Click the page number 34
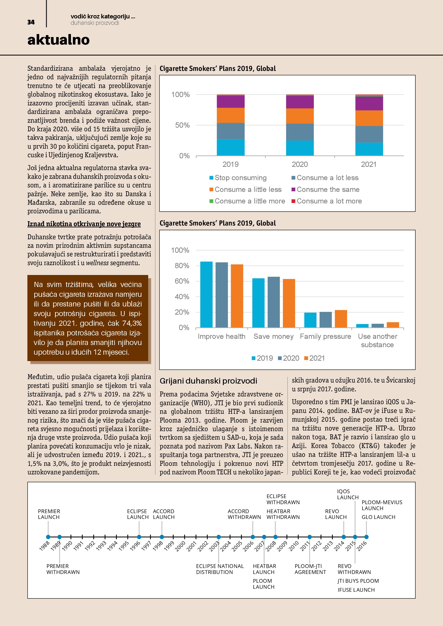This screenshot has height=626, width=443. tap(31, 22)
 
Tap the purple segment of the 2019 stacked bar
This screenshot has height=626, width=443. tap(231, 102)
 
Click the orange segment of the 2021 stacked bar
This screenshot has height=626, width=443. tap(369, 118)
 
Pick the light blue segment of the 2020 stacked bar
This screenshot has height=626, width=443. tap(300, 148)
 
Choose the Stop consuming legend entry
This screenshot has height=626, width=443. tap(238, 178)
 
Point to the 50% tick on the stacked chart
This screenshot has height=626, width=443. tap(182, 125)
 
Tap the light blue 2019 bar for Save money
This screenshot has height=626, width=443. tap(258, 303)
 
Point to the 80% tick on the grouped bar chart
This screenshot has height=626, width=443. tap(182, 266)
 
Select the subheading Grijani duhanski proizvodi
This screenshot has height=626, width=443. tap(208, 381)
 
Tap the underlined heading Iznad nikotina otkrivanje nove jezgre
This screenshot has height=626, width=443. tap(84, 224)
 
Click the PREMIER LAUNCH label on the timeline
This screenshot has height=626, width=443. tap(49, 514)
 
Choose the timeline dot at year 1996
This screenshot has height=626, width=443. tap(139, 537)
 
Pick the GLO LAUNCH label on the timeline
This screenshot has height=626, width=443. tap(378, 517)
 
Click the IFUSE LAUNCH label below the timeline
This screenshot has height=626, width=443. tap(356, 590)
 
